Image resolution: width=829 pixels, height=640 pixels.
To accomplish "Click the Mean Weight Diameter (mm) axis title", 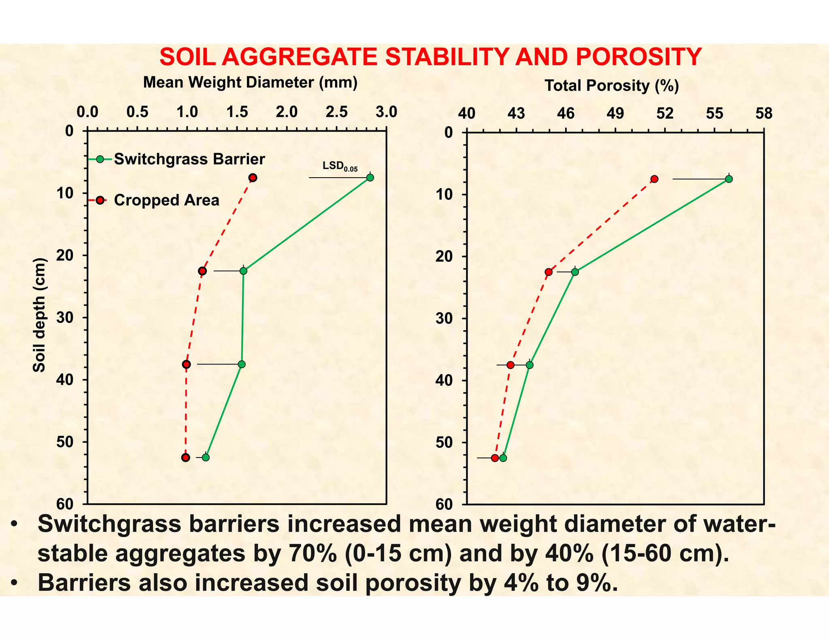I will pos(250,83).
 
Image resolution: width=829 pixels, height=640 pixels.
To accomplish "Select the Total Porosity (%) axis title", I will pos(611,86).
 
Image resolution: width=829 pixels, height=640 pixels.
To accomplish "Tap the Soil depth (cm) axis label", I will pos(39,315).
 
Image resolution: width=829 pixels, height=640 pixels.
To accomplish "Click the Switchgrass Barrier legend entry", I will pos(189,159).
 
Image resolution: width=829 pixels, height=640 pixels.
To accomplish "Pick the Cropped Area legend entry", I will pos(166,200).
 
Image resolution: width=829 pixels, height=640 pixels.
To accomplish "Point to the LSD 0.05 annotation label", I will pos(339,166).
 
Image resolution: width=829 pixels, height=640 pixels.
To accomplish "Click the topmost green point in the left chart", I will pos(370,178).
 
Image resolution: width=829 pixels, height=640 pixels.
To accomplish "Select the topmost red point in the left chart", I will pos(253,178).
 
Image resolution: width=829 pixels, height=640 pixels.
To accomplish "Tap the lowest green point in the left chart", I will pos(206,458).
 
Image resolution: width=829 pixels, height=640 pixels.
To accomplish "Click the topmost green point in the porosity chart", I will pos(729,179).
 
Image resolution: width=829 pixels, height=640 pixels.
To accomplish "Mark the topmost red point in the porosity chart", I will pos(655,179).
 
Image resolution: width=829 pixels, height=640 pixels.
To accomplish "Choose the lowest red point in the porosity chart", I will pos(495,458).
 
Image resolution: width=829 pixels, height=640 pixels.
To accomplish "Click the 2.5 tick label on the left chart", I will pos(336,112).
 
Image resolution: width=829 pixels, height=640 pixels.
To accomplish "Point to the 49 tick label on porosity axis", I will pos(615,114).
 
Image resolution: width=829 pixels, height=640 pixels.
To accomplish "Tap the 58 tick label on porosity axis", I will pos(763,114).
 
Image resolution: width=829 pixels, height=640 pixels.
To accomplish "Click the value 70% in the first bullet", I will pos(312,553).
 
